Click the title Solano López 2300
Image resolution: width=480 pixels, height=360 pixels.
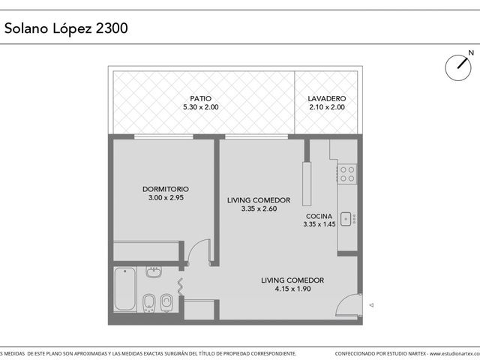coord(66,28)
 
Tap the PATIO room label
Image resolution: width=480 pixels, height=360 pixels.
coord(200,98)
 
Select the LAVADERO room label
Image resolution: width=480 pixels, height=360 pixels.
coord(327,98)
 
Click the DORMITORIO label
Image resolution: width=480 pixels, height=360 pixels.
coord(166,189)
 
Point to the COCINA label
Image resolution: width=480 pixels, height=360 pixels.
coord(319,216)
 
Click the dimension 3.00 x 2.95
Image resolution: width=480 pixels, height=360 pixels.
coord(166,198)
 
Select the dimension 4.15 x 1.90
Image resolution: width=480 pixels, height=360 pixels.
coord(292,289)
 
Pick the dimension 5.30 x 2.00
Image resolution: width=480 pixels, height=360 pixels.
coord(201,107)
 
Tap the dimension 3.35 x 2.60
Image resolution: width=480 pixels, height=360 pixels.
coord(259,208)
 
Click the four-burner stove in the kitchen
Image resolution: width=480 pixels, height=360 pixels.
coord(347,174)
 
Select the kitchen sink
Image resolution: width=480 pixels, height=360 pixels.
coord(346,219)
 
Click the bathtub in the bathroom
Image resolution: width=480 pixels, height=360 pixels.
coord(125,289)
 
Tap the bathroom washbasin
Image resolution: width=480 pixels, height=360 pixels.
coord(154,271)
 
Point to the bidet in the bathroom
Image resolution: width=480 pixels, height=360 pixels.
coord(149,303)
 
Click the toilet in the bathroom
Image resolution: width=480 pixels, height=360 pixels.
coord(166,303)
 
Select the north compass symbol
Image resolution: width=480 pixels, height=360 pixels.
coord(458,67)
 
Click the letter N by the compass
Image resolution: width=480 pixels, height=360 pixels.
coord(471,53)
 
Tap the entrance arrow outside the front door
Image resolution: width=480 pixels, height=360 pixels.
coord(371,305)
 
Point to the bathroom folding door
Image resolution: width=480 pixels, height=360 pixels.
coord(181,286)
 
